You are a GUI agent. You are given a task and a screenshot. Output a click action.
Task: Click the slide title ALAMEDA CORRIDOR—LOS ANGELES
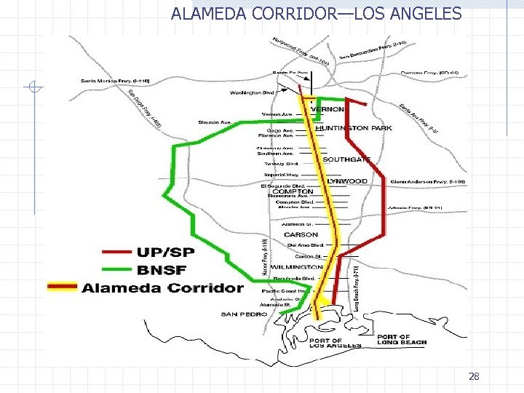tap(316, 13)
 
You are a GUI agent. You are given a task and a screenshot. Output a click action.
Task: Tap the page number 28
tap(474, 376)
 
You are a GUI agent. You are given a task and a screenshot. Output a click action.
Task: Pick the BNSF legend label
tap(163, 270)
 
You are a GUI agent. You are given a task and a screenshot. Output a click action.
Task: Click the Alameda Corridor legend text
tap(162, 287)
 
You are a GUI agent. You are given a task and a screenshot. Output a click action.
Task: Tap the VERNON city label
tap(327, 109)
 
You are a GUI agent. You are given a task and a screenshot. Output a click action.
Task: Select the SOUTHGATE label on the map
tap(346, 159)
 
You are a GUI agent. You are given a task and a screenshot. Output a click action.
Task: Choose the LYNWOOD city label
tap(346, 180)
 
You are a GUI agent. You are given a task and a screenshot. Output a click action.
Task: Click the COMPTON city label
tap(287, 191)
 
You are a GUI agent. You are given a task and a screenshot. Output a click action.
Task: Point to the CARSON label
tap(301, 235)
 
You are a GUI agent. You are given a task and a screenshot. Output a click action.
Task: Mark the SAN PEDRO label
tap(239, 314)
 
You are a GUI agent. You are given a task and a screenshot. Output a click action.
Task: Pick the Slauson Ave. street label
tap(215, 122)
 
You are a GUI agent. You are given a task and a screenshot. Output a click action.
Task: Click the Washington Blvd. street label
tap(251, 92)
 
